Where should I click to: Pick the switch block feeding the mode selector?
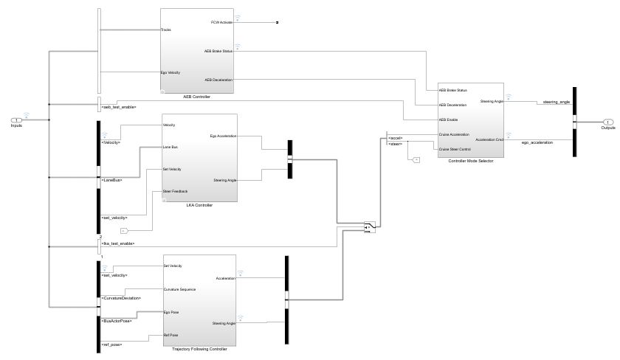[x=369, y=226]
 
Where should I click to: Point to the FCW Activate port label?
[x=221, y=23]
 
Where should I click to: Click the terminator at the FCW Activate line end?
[x=277, y=23]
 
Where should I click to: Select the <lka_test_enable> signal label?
[x=117, y=242]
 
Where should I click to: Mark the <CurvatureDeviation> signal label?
[x=120, y=297]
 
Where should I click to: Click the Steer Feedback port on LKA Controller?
[x=174, y=192]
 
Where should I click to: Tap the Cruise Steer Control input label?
[x=455, y=150]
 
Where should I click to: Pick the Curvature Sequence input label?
[x=179, y=289]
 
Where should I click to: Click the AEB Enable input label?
[x=449, y=120]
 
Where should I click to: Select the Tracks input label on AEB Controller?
[x=166, y=30]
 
